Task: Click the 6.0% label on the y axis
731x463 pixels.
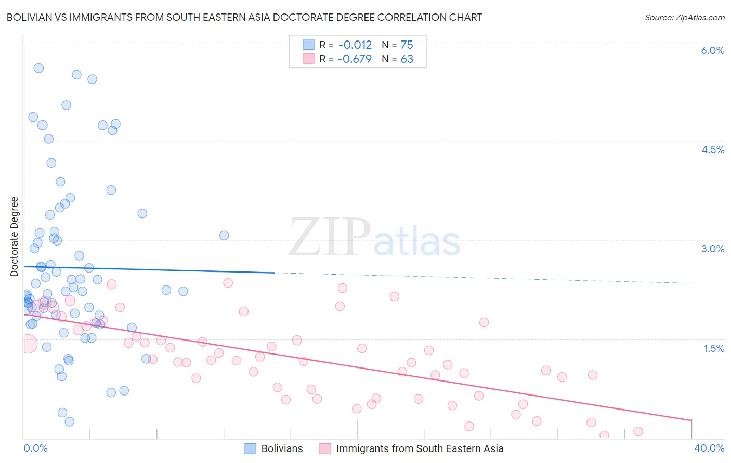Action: click(712, 50)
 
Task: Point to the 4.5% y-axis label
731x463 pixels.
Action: click(712, 149)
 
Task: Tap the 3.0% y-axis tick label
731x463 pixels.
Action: click(712, 249)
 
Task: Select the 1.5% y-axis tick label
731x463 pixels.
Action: click(714, 348)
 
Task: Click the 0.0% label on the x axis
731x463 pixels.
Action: click(35, 448)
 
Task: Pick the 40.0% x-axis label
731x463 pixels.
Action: click(709, 448)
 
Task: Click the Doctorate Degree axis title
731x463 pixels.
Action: click(14, 237)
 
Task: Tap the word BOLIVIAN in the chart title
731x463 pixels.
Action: click(31, 17)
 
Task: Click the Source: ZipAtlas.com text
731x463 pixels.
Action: click(684, 17)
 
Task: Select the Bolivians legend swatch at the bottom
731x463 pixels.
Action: click(250, 448)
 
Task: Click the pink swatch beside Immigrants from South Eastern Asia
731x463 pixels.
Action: click(325, 448)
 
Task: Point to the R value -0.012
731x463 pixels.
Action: click(355, 45)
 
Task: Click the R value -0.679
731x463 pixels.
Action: click(355, 59)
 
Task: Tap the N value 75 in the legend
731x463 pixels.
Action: click(407, 45)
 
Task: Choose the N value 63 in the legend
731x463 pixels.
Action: click(407, 59)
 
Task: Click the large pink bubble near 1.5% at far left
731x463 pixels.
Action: click(28, 344)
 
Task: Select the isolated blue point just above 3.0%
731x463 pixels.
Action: click(224, 235)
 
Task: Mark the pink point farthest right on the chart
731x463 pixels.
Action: click(638, 431)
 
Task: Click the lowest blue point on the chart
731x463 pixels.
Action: click(70, 421)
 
